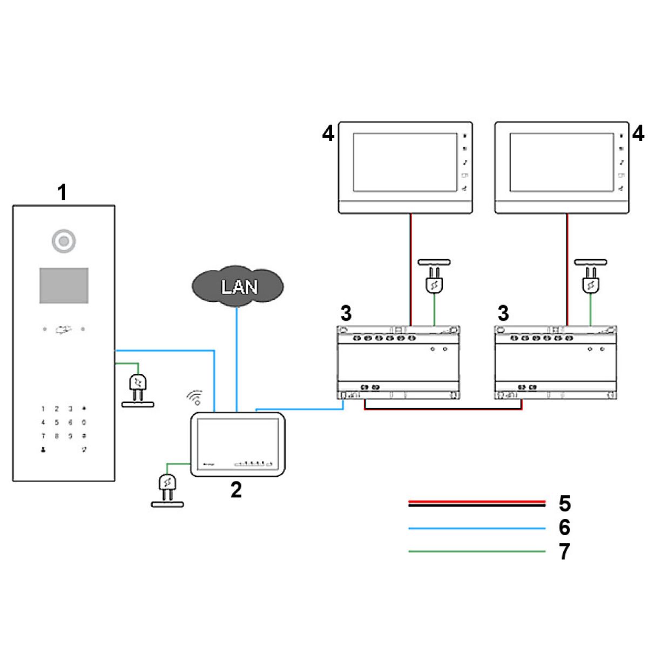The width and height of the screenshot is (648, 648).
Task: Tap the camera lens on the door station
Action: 64,241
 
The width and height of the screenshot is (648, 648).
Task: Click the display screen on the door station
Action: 64,285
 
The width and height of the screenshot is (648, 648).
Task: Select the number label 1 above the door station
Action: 63,192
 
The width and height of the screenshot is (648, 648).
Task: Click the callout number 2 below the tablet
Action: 236,490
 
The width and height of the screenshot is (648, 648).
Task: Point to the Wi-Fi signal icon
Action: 195,397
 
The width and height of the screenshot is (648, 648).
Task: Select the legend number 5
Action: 564,503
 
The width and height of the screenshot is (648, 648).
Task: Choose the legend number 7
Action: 564,552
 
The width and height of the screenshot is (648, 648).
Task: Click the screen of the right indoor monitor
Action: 562,163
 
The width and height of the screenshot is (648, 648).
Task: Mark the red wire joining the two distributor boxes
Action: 443,409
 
